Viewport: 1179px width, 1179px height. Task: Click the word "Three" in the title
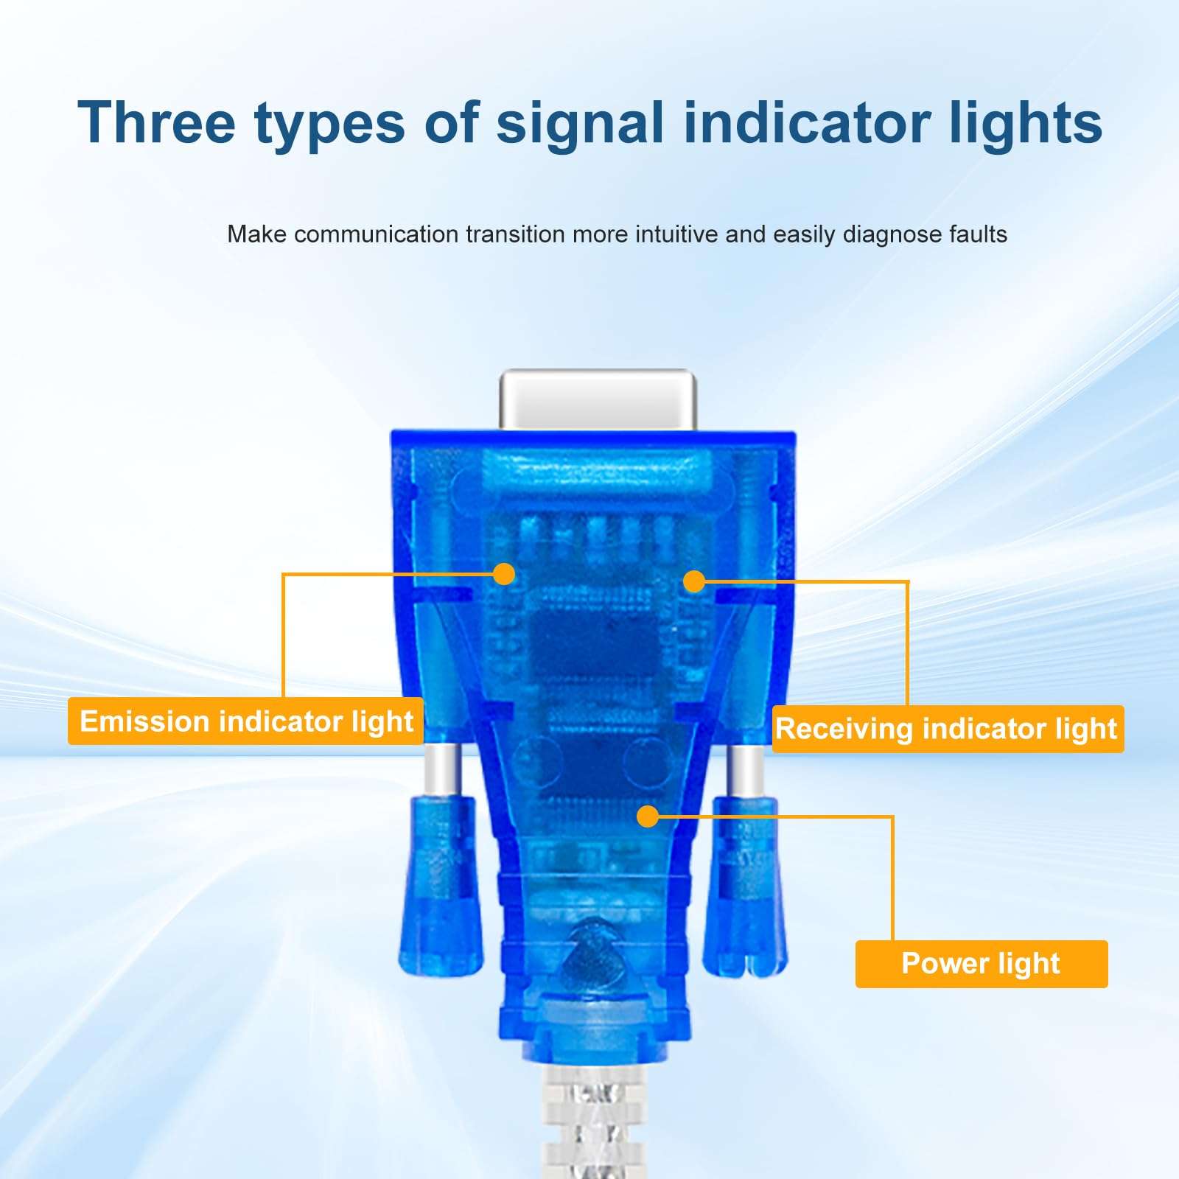tap(156, 122)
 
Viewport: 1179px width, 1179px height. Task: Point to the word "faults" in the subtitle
tap(971, 234)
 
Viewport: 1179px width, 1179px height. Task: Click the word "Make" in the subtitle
tap(256, 234)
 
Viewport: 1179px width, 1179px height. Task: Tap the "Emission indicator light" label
tap(245, 721)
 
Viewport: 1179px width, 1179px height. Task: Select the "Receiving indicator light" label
tap(948, 729)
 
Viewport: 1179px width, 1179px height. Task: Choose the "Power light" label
tap(982, 964)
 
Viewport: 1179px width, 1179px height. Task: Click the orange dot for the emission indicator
tap(504, 574)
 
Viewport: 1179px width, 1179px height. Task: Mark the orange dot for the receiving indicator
tap(694, 581)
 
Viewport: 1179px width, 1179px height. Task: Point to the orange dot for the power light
tap(648, 816)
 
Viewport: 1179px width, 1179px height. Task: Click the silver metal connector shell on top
tap(597, 399)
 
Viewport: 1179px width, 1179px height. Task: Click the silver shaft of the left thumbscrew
tap(441, 770)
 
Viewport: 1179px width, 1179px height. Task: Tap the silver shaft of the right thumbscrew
tap(746, 770)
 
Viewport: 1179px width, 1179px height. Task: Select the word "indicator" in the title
tap(806, 122)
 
